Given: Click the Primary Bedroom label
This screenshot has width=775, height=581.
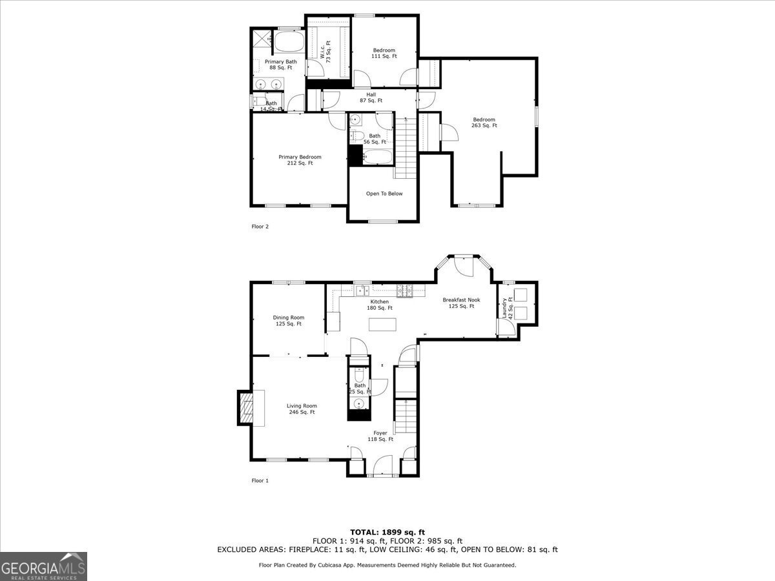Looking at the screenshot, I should coord(300,160).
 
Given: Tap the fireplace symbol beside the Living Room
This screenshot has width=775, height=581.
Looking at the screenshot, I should coord(246,408).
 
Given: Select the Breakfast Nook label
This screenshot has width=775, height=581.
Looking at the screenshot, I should coord(461,303).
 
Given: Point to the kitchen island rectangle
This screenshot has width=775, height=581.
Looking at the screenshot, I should coord(382,323).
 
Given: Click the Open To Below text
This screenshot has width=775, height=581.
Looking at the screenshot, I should coord(384,194).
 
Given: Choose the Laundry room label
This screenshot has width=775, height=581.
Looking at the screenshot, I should coord(507,308).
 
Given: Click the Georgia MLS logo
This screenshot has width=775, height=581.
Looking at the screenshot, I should coord(43,566).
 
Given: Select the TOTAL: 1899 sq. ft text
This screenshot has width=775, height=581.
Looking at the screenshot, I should coord(387,532).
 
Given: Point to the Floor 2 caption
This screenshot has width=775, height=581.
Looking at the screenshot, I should coord(260,227).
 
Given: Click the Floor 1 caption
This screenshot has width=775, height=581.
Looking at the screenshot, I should coord(260,480).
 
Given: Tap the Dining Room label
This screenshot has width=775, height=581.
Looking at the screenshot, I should coord(289,320).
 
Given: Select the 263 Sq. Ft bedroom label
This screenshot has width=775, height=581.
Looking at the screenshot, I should coord(484,122).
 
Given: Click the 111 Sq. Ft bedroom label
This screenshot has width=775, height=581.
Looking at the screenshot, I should coord(384,53).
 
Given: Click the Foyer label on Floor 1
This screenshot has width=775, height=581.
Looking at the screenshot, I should coord(380,436).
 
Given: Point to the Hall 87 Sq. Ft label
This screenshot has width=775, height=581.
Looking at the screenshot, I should coord(371,97).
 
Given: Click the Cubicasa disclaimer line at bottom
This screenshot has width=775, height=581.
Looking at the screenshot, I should coord(387,565).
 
